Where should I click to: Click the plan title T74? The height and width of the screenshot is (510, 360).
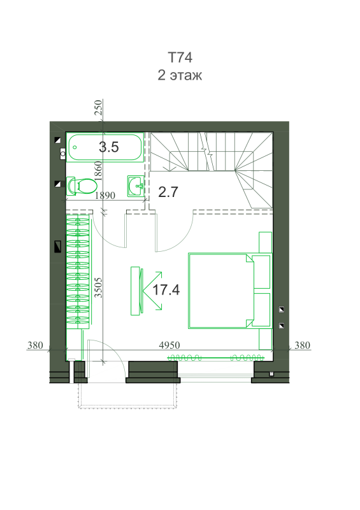click(x=180, y=57)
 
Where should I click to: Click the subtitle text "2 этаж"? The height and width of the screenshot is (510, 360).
click(x=180, y=75)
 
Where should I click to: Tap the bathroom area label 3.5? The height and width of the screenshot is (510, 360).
click(x=108, y=147)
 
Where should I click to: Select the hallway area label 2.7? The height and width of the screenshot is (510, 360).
click(x=168, y=192)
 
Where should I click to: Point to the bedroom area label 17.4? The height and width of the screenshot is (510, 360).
click(x=166, y=289)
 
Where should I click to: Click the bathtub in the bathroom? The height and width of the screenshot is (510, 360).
click(x=105, y=147)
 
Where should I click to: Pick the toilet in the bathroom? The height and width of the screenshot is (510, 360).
click(x=82, y=186)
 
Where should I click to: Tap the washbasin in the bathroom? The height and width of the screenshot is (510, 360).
click(x=136, y=186)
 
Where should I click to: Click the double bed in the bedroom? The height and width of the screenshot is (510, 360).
click(x=229, y=291)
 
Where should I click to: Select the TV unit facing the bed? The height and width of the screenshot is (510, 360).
click(x=136, y=291)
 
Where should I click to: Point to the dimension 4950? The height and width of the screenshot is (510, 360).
click(x=169, y=345)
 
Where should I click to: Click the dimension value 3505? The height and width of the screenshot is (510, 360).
click(x=98, y=288)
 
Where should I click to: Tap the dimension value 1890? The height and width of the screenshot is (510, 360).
click(x=104, y=196)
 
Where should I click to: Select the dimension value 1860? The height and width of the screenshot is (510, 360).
click(x=98, y=171)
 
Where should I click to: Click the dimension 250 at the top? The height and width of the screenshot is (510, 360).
click(x=98, y=107)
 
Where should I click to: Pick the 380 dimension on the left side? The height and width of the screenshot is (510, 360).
click(x=35, y=345)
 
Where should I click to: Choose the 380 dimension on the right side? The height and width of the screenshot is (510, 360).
click(x=302, y=345)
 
